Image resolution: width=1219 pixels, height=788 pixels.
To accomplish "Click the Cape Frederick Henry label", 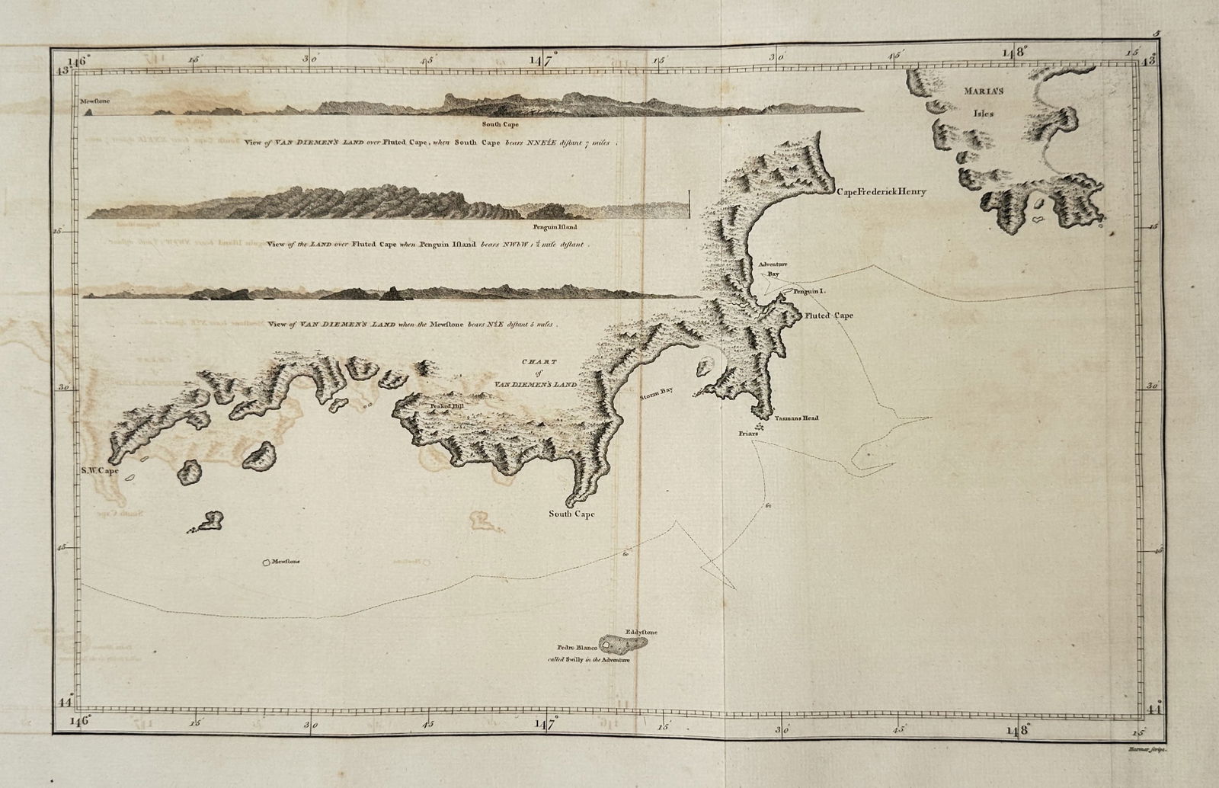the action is [x=881, y=192].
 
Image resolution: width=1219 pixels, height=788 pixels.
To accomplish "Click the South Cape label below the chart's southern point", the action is [x=572, y=514].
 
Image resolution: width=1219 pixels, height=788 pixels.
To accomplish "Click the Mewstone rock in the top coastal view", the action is [x=90, y=112].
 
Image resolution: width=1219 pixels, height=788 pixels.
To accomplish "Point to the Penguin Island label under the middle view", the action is [x=555, y=227].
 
